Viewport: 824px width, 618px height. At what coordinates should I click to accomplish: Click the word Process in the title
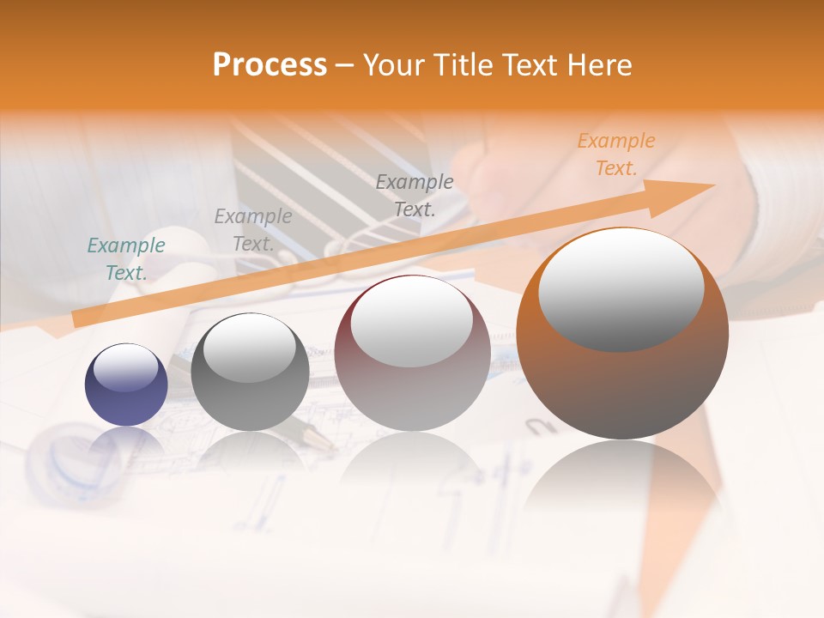click(x=270, y=65)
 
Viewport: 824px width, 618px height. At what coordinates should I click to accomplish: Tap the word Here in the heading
click(x=601, y=65)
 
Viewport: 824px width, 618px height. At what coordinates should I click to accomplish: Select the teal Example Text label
click(x=126, y=259)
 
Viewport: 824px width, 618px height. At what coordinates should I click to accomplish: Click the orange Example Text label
click(x=615, y=154)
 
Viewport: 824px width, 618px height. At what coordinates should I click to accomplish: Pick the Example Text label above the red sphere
click(x=415, y=195)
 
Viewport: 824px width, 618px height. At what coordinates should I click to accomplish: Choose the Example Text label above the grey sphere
click(x=253, y=229)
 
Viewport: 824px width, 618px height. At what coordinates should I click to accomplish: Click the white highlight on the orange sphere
click(x=621, y=290)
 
